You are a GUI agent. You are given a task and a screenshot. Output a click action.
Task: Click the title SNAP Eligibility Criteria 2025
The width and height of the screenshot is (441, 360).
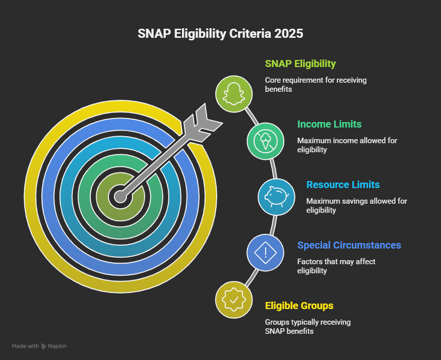coord(220,34)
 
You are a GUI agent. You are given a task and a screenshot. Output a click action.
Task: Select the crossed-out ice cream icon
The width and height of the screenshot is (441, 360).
coord(265,141)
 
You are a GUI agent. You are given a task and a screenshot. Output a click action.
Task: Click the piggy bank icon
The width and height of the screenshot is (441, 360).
coord(276,197)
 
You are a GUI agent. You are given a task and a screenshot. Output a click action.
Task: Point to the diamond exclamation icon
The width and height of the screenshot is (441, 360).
coord(265,252)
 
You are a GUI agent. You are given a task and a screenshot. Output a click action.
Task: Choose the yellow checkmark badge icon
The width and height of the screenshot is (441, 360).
coord(234,299)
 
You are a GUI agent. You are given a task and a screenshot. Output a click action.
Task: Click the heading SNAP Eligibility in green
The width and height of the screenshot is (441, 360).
coord(300,64)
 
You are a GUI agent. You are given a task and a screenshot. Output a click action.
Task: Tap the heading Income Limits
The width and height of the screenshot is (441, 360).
coord(329,124)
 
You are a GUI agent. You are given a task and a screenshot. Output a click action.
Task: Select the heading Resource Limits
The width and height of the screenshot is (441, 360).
coord(343,185)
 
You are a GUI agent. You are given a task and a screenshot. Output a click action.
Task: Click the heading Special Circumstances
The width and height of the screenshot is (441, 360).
coord(349,246)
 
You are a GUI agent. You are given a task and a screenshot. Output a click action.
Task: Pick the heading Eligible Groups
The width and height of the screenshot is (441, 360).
coord(299,306)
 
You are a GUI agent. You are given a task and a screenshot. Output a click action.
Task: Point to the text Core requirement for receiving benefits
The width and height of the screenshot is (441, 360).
coord(316,85)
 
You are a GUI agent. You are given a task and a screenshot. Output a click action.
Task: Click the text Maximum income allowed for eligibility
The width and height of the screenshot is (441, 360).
coord(347,145)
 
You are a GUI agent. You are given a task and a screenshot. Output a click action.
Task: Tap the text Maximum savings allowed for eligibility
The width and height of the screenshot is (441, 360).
coord(356,206)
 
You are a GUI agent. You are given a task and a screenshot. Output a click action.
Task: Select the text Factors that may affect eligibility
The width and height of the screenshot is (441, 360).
coord(336,266)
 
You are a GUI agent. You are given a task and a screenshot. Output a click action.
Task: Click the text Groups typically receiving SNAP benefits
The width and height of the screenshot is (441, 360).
coord(307,327)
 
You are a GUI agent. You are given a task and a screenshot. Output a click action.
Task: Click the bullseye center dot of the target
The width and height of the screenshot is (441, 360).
coord(120,196)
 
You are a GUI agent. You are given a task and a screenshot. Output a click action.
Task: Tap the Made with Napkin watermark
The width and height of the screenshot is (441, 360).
coord(39,346)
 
